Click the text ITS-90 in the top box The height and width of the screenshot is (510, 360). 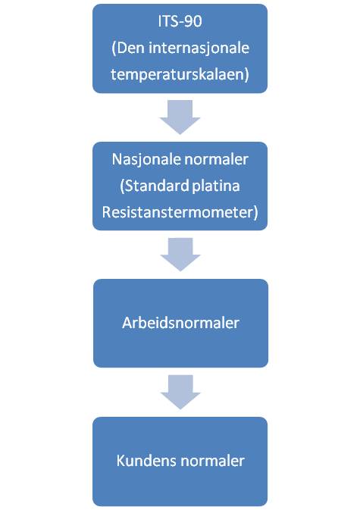[180, 21]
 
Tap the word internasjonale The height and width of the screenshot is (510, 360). [199, 48]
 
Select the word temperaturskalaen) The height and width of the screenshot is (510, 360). [180, 75]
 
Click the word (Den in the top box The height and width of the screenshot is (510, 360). [128, 48]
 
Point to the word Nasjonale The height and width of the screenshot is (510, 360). [146, 160]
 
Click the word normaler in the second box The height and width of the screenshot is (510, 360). [216, 160]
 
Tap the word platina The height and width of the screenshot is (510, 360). [216, 187]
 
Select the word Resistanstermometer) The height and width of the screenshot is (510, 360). [180, 213]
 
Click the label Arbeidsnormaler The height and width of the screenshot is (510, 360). [180, 323]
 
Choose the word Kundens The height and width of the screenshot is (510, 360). [147, 461]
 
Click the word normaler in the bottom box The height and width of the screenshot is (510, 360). [212, 461]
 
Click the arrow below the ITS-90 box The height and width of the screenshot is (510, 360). [180, 117]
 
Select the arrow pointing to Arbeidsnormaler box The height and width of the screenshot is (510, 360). [180, 255]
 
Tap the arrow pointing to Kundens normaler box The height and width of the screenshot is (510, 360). [180, 392]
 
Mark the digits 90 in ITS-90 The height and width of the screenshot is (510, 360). [194, 21]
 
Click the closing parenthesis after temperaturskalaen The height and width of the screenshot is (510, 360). [247, 75]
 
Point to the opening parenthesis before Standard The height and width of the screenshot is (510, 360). [123, 186]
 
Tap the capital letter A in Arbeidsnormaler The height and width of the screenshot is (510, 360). [127, 323]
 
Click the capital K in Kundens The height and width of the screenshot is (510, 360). [121, 461]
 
